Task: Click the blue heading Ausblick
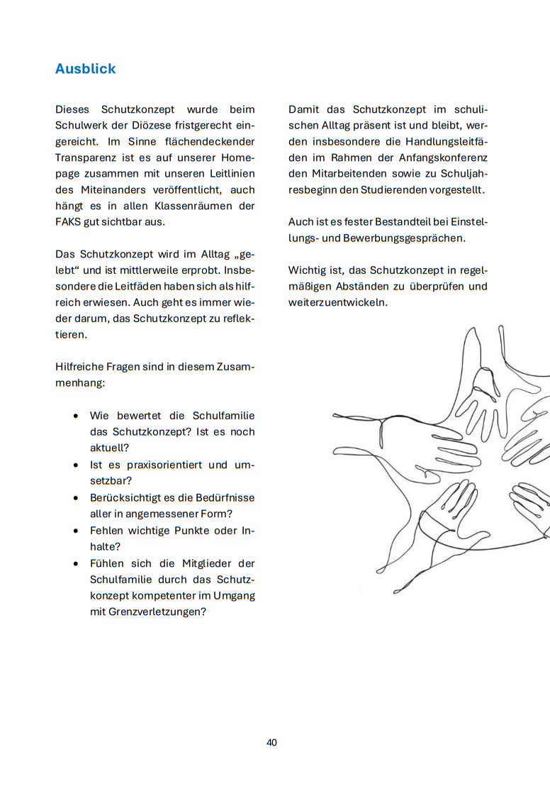point(85,69)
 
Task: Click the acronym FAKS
point(69,223)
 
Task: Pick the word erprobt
point(198,270)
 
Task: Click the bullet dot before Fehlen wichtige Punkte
point(76,530)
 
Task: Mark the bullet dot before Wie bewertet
point(76,416)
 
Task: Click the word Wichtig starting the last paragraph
point(308,270)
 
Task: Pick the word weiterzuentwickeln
point(339,302)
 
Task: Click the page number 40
point(272,742)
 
